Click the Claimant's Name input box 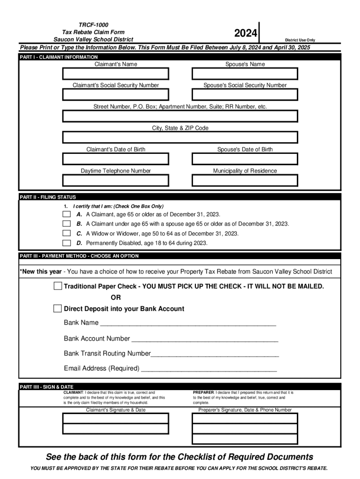point(115,74)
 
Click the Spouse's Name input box point(245,74)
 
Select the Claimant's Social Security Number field point(115,95)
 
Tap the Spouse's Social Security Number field point(245,95)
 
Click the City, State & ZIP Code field point(180,138)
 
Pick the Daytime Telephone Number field point(115,180)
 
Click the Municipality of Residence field point(245,180)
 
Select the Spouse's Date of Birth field point(245,159)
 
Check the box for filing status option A point(67,214)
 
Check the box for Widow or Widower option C point(67,233)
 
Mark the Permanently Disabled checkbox point(67,243)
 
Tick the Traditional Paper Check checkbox point(58,286)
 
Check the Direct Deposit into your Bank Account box point(58,309)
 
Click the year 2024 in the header point(245,33)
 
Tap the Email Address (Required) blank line point(209,370)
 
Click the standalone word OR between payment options point(115,298)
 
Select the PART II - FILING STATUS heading point(48,197)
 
